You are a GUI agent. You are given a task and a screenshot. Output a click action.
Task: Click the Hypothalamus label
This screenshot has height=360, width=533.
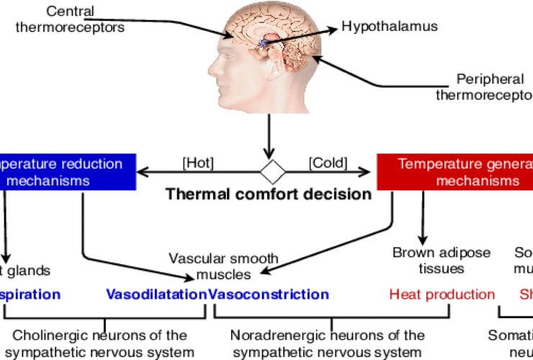pyautogui.click(x=389, y=27)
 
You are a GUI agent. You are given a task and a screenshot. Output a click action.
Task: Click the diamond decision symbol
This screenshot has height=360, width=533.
pyautogui.click(x=273, y=171)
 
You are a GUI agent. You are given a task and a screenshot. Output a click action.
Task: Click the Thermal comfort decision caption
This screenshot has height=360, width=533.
pyautogui.click(x=268, y=194)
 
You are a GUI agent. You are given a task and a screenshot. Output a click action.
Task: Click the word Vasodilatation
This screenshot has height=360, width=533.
pyautogui.click(x=156, y=294)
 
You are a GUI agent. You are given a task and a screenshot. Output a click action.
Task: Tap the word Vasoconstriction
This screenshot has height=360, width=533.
pyautogui.click(x=269, y=294)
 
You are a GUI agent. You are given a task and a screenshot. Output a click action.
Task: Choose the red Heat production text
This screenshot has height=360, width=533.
pyautogui.click(x=442, y=294)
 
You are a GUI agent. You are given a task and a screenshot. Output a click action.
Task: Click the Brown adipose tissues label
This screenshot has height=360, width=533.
pyautogui.click(x=442, y=260)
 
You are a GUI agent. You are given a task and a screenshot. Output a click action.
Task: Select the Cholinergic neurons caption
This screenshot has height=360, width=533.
pyautogui.click(x=100, y=343)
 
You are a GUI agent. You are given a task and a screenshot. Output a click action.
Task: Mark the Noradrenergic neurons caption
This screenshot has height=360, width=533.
pyautogui.click(x=328, y=343)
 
